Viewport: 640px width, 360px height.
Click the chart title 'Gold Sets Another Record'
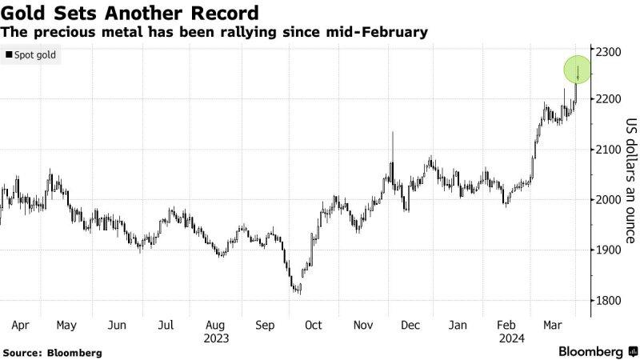(130, 14)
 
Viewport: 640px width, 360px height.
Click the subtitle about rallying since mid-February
(214, 33)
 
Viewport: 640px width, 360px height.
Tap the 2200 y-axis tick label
(609, 99)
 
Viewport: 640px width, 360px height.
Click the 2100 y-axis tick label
(609, 150)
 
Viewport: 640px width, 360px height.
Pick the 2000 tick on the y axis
(609, 200)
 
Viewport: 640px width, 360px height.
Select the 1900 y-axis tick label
(609, 250)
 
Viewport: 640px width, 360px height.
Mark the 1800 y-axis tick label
(609, 301)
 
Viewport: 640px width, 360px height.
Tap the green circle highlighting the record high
(578, 70)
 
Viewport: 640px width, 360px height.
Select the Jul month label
(166, 326)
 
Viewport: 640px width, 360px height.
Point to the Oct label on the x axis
(314, 326)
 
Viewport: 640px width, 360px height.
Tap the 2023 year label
(216, 338)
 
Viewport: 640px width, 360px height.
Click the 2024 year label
(513, 338)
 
